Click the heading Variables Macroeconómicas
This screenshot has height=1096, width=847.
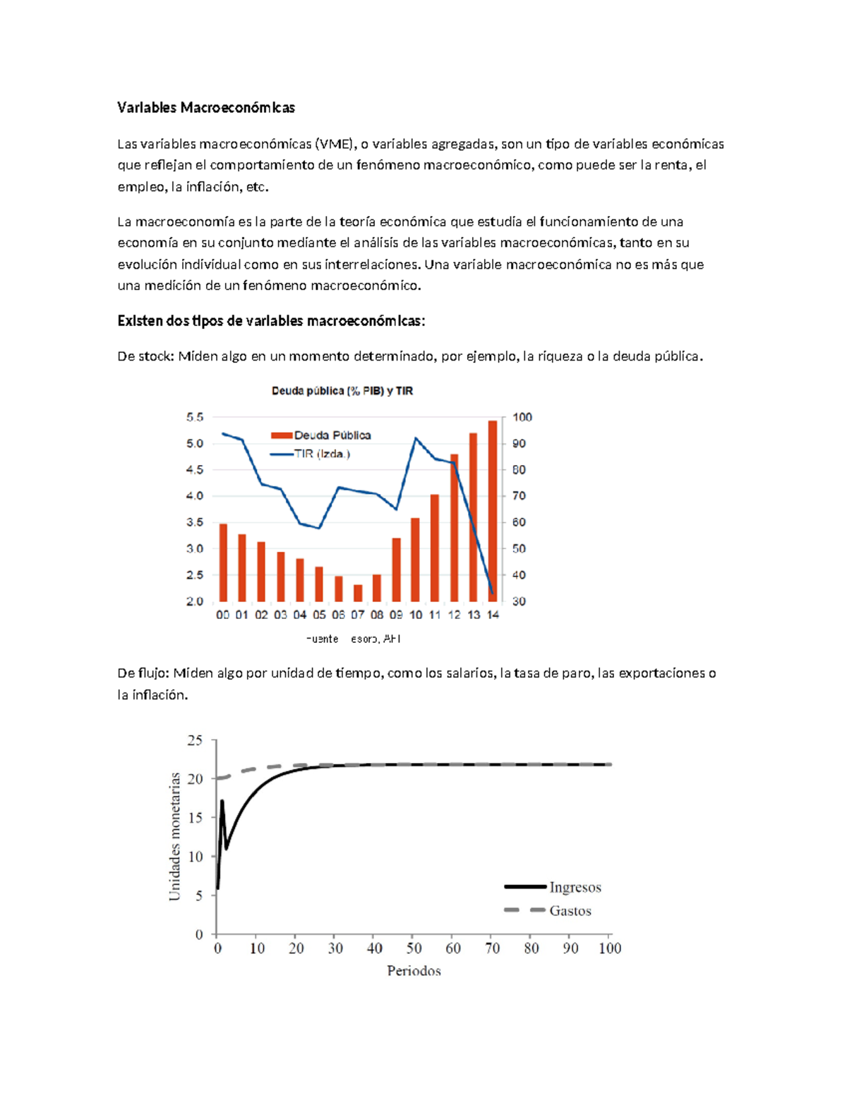[205, 107]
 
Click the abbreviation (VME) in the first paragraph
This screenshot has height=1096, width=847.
[335, 144]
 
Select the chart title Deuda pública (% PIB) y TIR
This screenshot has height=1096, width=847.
[342, 391]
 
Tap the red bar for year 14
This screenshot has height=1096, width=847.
[493, 510]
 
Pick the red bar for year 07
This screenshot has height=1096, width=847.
[358, 593]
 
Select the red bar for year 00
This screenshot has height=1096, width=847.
[223, 562]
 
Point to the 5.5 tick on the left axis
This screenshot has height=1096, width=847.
[195, 417]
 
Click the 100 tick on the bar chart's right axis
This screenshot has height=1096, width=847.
[522, 417]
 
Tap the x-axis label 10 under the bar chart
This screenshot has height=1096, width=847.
[416, 615]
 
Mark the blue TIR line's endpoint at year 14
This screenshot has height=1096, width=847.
[492, 593]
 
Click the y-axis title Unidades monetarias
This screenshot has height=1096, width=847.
[174, 836]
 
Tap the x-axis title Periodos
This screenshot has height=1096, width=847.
[414, 971]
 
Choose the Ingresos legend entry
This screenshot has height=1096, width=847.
[575, 887]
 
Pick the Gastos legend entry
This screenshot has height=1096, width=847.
[570, 911]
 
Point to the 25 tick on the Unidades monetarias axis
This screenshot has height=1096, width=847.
[195, 740]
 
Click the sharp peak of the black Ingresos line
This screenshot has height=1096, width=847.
[222, 801]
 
